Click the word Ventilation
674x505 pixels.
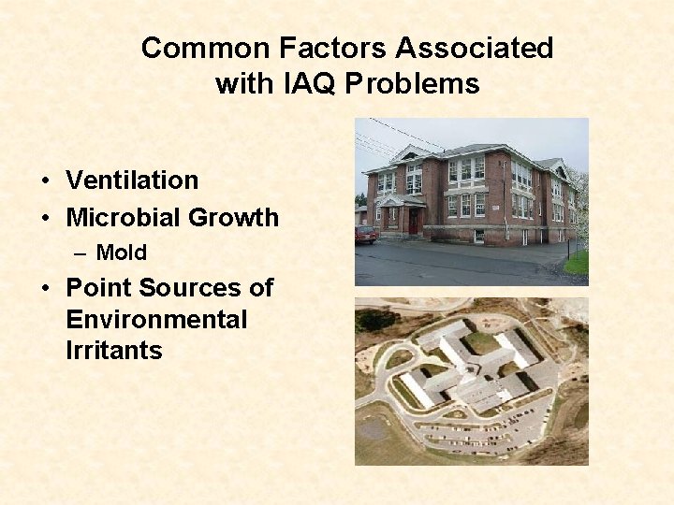(x=132, y=180)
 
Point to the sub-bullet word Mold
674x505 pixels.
(x=122, y=252)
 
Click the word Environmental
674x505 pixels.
(x=156, y=320)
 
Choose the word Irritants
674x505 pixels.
(x=114, y=352)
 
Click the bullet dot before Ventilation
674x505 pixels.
(x=45, y=181)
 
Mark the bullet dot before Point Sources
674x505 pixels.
(x=45, y=289)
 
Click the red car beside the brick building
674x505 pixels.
(x=365, y=234)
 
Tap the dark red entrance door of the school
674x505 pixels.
(x=413, y=221)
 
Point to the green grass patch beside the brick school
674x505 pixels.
(x=577, y=263)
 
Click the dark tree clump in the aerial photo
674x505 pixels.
(x=374, y=319)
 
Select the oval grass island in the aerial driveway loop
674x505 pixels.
(x=399, y=358)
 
